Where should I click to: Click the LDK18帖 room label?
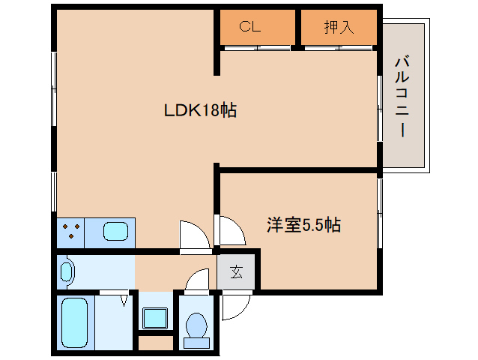point(201,111)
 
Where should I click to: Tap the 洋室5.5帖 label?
point(303,224)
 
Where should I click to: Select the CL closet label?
point(249,28)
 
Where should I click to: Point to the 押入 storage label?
point(338,28)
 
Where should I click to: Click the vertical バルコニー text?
point(402,95)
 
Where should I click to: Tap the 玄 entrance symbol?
point(236,272)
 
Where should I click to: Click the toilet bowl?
point(196,325)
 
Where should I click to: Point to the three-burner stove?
point(70,231)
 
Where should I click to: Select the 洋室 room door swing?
point(230,229)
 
